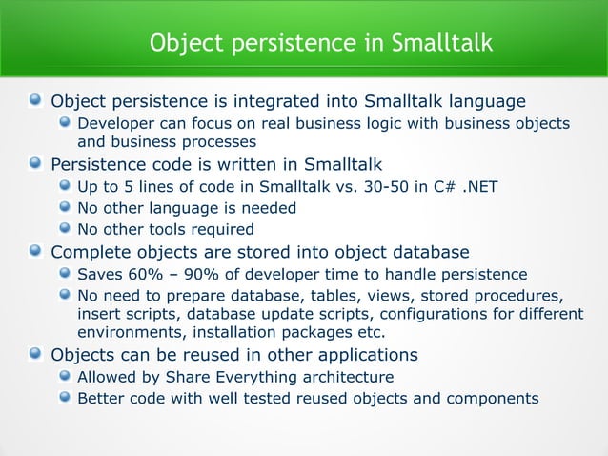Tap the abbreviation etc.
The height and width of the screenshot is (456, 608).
(x=370, y=333)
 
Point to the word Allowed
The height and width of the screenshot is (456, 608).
(x=108, y=377)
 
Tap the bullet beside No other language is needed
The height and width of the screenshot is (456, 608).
(x=64, y=208)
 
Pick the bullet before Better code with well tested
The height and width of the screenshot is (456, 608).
(x=64, y=399)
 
